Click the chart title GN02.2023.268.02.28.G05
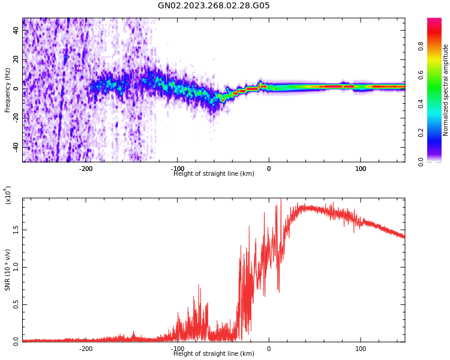point(214,6)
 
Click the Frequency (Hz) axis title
point(8,90)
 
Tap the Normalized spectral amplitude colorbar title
point(446,90)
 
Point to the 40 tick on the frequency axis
point(16,29)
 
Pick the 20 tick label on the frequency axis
point(16,59)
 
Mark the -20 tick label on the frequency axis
point(16,118)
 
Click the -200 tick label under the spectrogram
point(86,169)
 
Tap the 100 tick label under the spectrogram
point(361,169)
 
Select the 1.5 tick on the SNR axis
point(16,229)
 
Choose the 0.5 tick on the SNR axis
point(16,304)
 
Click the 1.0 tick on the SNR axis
point(16,267)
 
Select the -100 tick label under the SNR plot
point(178,349)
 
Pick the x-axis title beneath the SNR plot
point(214,354)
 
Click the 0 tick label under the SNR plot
point(269,349)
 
